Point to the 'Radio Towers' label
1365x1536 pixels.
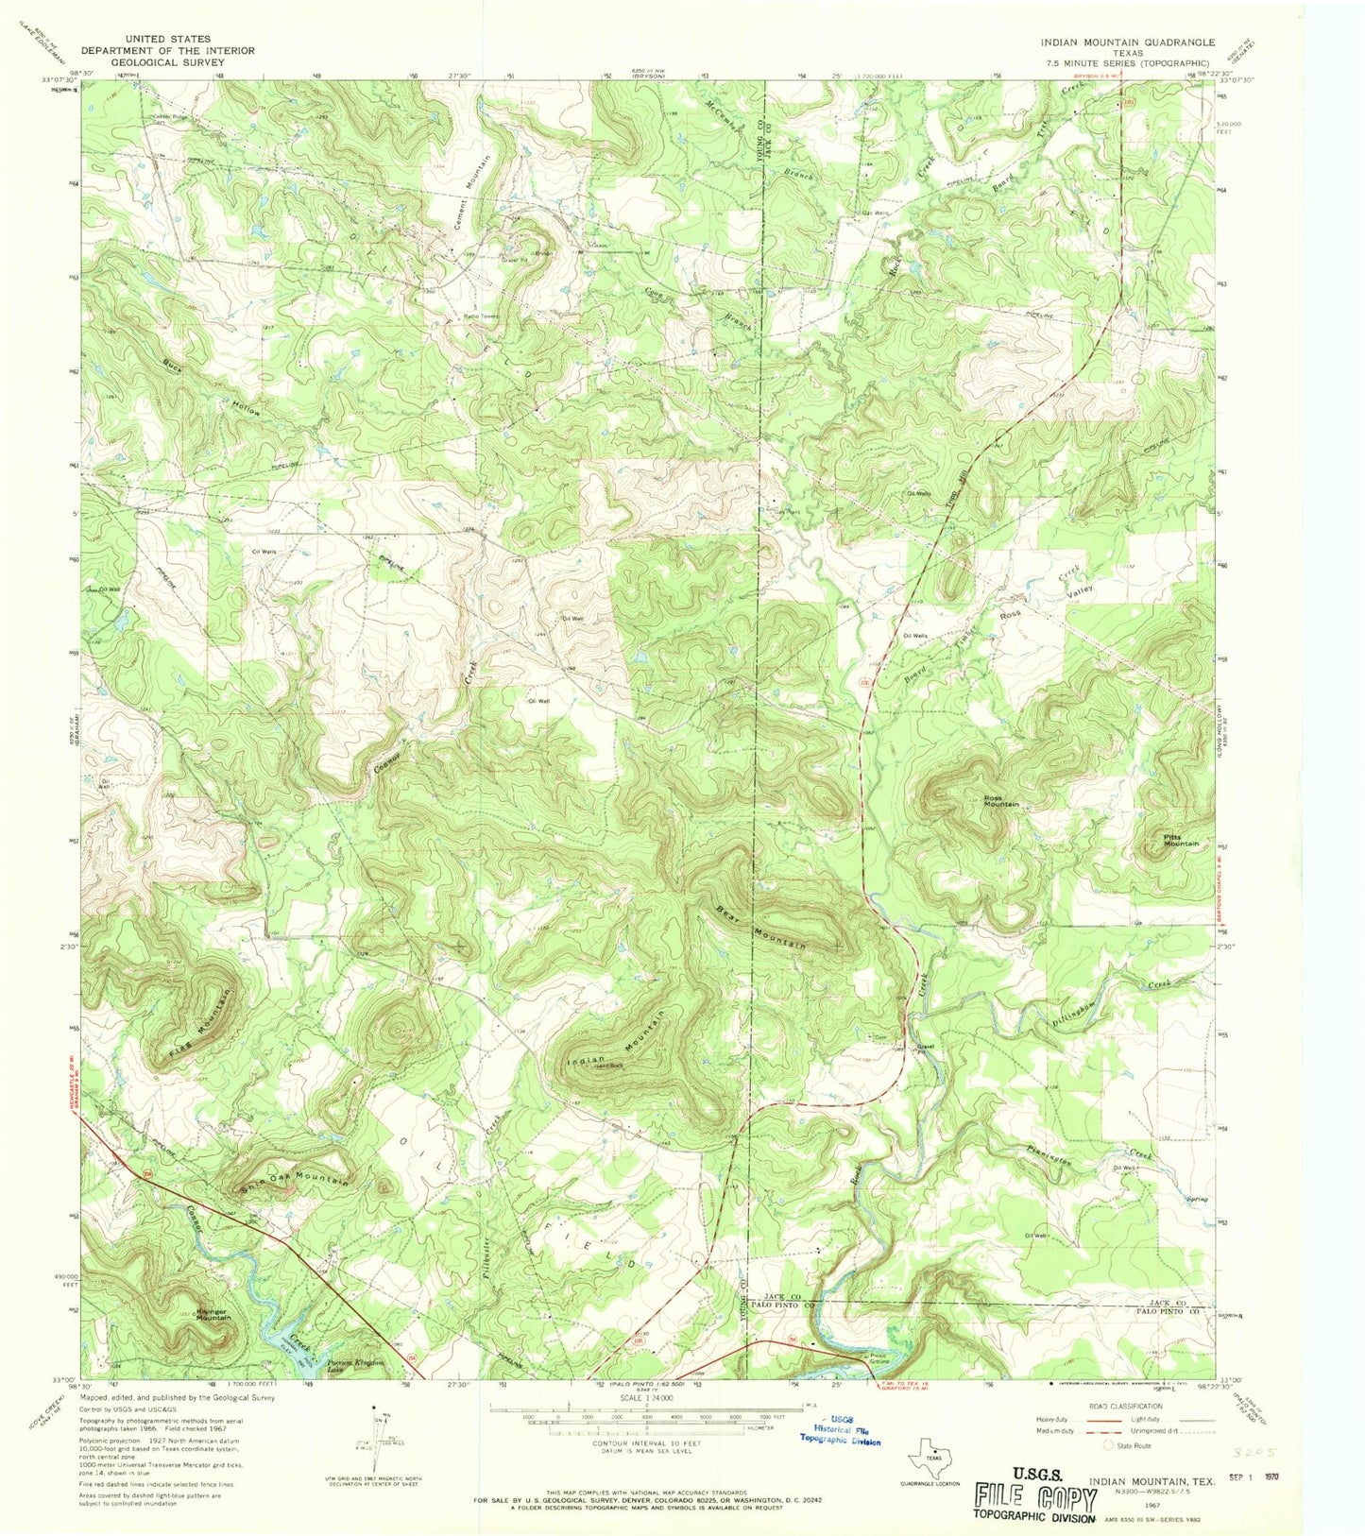[479, 316]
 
